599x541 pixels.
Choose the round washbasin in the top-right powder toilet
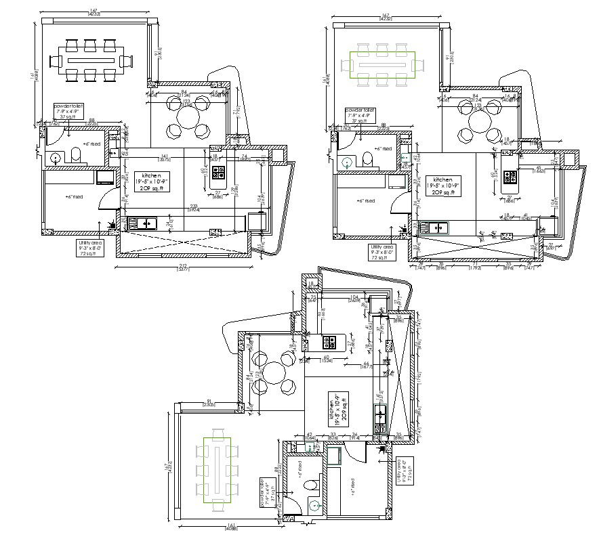click(x=346, y=163)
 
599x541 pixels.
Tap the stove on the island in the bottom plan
click(x=328, y=341)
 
